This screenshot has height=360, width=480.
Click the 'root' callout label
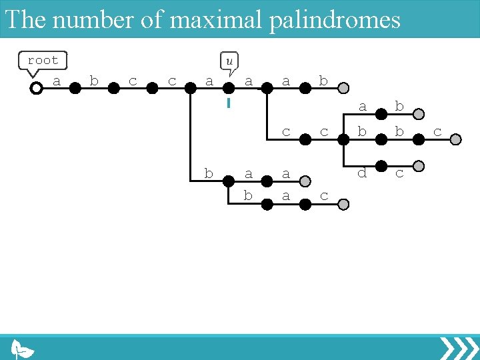tap(43, 60)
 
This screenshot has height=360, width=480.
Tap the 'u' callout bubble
tap(229, 61)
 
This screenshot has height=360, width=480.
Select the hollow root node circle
tap(37, 88)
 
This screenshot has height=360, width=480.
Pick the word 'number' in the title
tap(93, 19)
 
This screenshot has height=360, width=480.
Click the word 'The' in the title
tap(25, 19)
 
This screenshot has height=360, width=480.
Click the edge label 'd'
tap(362, 173)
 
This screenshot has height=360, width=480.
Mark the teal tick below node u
tap(229, 103)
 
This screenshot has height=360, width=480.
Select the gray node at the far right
tap(456, 139)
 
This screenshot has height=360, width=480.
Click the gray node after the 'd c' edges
tap(419, 166)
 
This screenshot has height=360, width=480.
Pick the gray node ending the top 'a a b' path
tap(343, 88)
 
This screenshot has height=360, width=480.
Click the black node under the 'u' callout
tap(229, 88)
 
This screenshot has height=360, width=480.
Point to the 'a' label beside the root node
tap(57, 81)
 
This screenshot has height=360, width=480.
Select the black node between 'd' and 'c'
tap(381, 166)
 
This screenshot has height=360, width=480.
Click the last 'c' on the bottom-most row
tap(324, 196)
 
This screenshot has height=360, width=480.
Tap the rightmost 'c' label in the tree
tap(437, 132)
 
